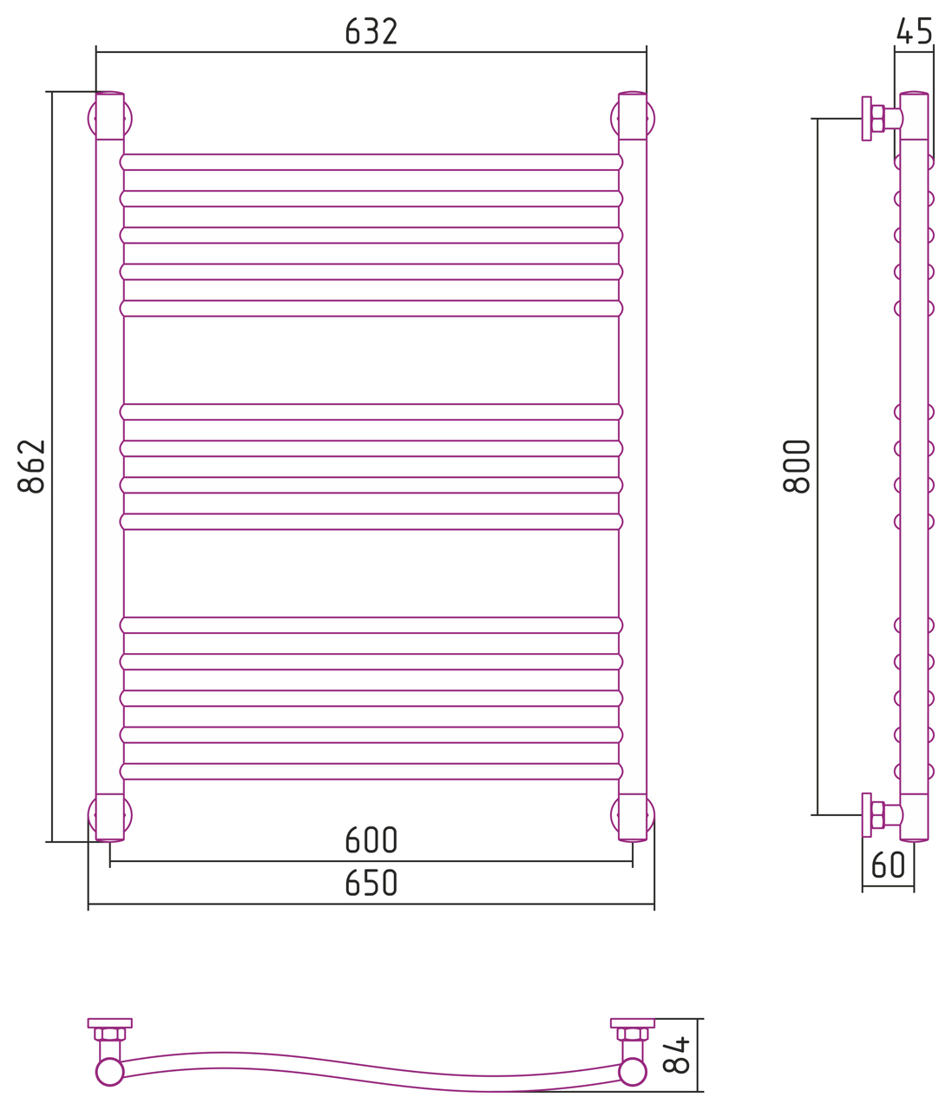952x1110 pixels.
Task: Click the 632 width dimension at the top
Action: pyautogui.click(x=371, y=31)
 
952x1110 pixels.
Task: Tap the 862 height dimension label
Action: pyautogui.click(x=31, y=467)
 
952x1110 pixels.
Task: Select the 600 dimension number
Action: pyautogui.click(x=371, y=839)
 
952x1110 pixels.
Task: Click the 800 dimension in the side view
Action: pyautogui.click(x=797, y=467)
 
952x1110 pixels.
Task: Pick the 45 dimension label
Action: pyautogui.click(x=914, y=31)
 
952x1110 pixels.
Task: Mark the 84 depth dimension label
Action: pyautogui.click(x=676, y=1054)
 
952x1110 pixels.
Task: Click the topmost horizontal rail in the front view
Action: pyautogui.click(x=371, y=162)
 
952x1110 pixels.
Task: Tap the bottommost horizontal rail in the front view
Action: pyautogui.click(x=371, y=771)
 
